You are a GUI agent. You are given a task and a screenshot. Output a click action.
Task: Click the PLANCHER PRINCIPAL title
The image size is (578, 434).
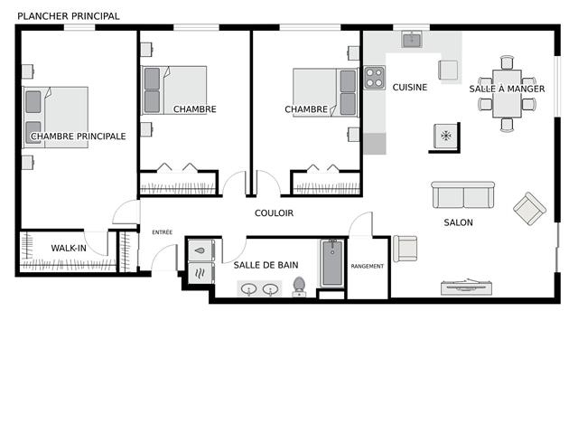coord(69,16)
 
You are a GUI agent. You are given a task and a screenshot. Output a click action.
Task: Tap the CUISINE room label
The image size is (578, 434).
coord(409,88)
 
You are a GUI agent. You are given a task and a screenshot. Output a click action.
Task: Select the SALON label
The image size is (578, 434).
coord(458,222)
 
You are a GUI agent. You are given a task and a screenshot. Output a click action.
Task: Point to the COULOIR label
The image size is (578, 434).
coord(274,213)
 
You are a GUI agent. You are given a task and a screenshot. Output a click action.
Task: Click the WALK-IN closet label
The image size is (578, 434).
coord(69,248)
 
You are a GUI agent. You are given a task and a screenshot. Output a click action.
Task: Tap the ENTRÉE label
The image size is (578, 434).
coord(163,232)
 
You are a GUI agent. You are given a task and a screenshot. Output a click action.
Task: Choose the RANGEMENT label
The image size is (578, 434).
coord(368,266)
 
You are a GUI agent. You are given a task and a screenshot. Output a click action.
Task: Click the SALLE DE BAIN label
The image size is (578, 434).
coord(266,265)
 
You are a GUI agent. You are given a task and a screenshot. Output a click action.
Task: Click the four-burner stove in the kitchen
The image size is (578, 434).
coord(374,78)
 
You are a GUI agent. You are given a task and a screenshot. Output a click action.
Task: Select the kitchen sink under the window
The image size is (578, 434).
coord(412,40)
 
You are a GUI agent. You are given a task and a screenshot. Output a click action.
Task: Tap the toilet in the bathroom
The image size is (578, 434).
coord(299,287)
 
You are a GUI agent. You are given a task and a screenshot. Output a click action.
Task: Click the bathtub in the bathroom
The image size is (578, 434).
coord(332,263)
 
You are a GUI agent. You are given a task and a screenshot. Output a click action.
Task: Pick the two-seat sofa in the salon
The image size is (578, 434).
coord(463,194)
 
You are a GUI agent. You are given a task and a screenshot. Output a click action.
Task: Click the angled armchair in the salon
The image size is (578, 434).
coord(530,209)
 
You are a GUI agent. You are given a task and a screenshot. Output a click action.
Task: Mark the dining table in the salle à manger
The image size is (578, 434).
coord(507,94)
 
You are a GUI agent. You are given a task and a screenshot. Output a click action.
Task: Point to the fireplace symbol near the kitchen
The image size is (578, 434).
coord(446,136)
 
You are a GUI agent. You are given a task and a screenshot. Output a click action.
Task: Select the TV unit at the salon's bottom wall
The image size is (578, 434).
coord(466,287)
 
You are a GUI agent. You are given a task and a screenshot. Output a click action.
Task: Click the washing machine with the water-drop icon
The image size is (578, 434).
coord(201,250)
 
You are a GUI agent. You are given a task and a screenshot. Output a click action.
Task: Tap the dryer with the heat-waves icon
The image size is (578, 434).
coord(201,273)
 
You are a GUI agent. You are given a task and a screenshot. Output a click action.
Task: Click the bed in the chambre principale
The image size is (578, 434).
coord(55,118)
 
